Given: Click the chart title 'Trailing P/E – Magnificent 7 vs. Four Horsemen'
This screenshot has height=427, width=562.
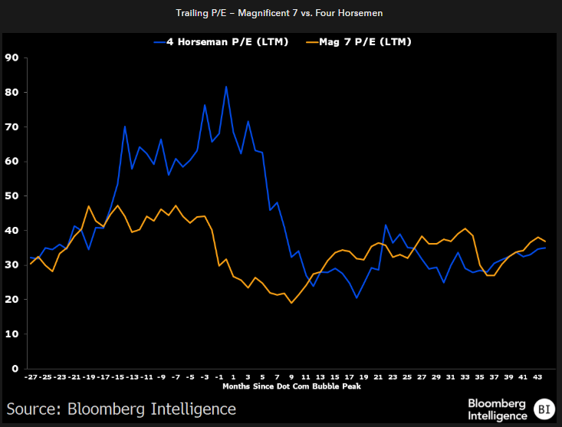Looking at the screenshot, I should (281, 14).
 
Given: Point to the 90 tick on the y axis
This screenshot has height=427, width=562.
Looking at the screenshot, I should (12, 57).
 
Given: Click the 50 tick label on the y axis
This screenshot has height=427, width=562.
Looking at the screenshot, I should (12, 195).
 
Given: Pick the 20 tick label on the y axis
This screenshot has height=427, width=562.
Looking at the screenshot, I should (12, 300).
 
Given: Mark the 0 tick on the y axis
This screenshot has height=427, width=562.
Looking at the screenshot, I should (15, 369).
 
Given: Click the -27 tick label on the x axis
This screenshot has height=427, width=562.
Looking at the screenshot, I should (31, 378).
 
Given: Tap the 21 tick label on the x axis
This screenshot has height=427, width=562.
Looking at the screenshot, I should (377, 378).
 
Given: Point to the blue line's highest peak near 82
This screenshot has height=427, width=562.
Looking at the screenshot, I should (226, 86).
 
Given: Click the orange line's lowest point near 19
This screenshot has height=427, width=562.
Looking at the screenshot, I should (291, 303).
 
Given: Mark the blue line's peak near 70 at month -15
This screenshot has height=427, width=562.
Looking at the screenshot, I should (125, 126).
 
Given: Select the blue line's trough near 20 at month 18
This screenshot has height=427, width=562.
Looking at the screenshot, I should (357, 297).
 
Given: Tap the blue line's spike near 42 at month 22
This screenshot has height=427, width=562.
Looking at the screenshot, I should (386, 225).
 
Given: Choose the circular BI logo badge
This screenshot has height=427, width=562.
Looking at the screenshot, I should (544, 409).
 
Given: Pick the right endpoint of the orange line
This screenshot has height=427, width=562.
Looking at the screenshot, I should (545, 241).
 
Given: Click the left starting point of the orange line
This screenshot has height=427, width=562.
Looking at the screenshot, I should (31, 264).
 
